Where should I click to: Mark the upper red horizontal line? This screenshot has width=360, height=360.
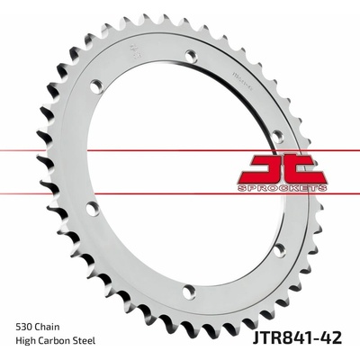pyautogui.click(x=180, y=153)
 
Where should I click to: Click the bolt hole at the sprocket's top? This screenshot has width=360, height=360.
pyautogui.click(x=190, y=55)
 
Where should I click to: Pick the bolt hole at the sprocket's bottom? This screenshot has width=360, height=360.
pyautogui.click(x=189, y=291)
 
